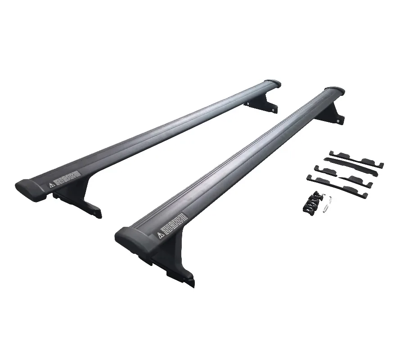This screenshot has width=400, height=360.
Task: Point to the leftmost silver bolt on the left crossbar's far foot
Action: tap(247, 104)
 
